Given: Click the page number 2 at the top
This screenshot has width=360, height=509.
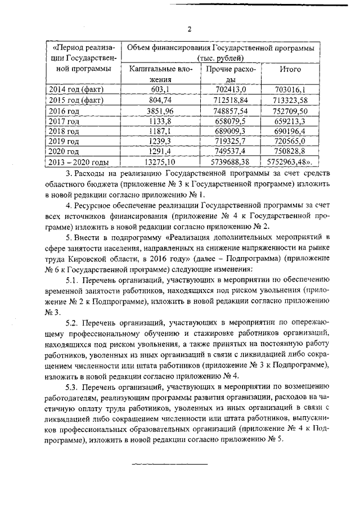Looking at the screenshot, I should tap(189, 29).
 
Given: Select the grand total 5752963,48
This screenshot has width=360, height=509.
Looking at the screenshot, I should tap(287, 162).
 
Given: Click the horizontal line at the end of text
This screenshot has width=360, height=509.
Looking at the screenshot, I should tap(169, 464).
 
